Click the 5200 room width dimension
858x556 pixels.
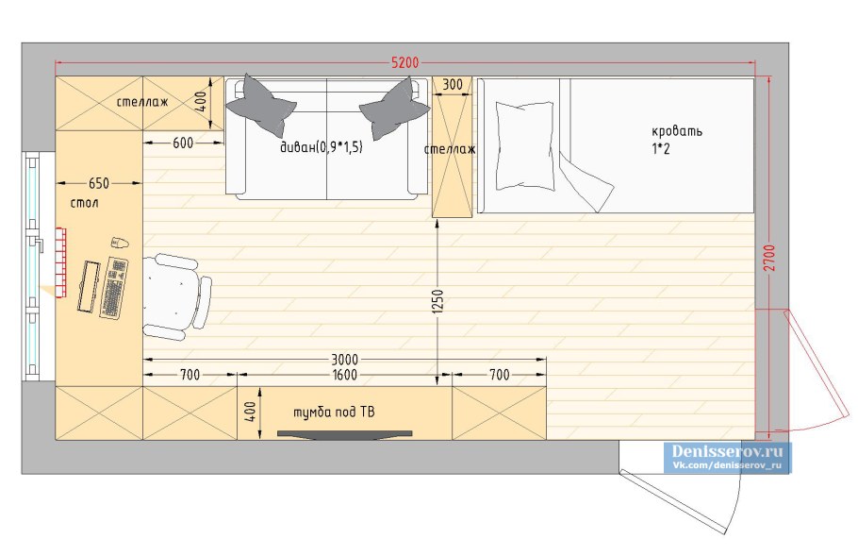[404, 62]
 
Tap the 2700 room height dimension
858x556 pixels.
[769, 258]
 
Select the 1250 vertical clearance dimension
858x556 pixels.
[437, 302]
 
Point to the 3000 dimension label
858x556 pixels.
[344, 360]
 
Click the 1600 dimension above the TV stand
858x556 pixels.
[344, 375]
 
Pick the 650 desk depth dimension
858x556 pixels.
[99, 183]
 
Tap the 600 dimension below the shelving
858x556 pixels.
[183, 143]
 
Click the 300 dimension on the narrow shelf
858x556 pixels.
[452, 85]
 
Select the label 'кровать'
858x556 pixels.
[677, 131]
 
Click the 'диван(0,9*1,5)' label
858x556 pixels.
[322, 147]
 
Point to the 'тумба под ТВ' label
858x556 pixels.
[335, 412]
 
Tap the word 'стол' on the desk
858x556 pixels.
[84, 203]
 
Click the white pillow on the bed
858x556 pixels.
[525, 145]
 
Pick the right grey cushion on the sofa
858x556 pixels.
[395, 108]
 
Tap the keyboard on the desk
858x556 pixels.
[114, 288]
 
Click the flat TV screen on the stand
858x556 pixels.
[345, 434]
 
